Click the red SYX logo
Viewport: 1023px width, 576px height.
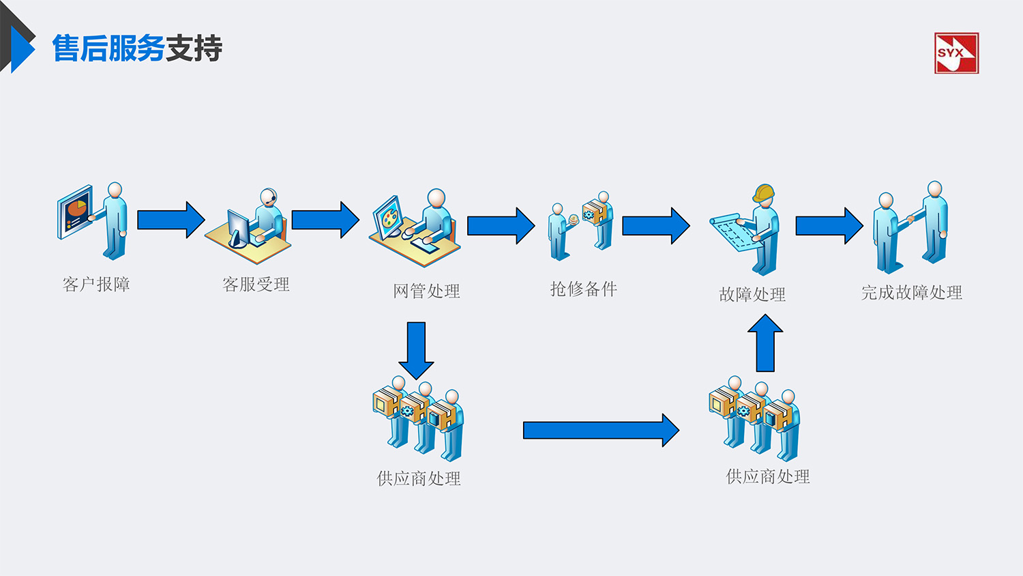click(x=956, y=53)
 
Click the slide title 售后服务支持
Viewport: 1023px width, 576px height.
click(x=137, y=48)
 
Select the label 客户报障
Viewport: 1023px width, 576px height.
click(x=96, y=284)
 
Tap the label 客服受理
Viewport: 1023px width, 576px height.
click(x=256, y=284)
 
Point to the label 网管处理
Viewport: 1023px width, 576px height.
click(x=426, y=291)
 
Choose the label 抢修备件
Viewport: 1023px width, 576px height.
click(x=583, y=289)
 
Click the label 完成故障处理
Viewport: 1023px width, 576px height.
click(x=911, y=293)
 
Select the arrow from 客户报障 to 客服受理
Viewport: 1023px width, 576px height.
click(x=170, y=220)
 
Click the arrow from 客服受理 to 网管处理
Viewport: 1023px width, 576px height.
click(x=325, y=220)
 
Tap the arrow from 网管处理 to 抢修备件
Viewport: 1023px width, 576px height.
click(x=501, y=226)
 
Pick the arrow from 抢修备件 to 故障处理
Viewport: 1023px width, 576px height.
click(x=655, y=226)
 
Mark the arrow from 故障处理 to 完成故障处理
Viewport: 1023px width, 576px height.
click(x=829, y=226)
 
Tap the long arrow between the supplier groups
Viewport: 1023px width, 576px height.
click(x=600, y=430)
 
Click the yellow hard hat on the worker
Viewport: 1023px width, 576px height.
click(x=765, y=193)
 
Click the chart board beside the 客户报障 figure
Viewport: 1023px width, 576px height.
click(x=74, y=212)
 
